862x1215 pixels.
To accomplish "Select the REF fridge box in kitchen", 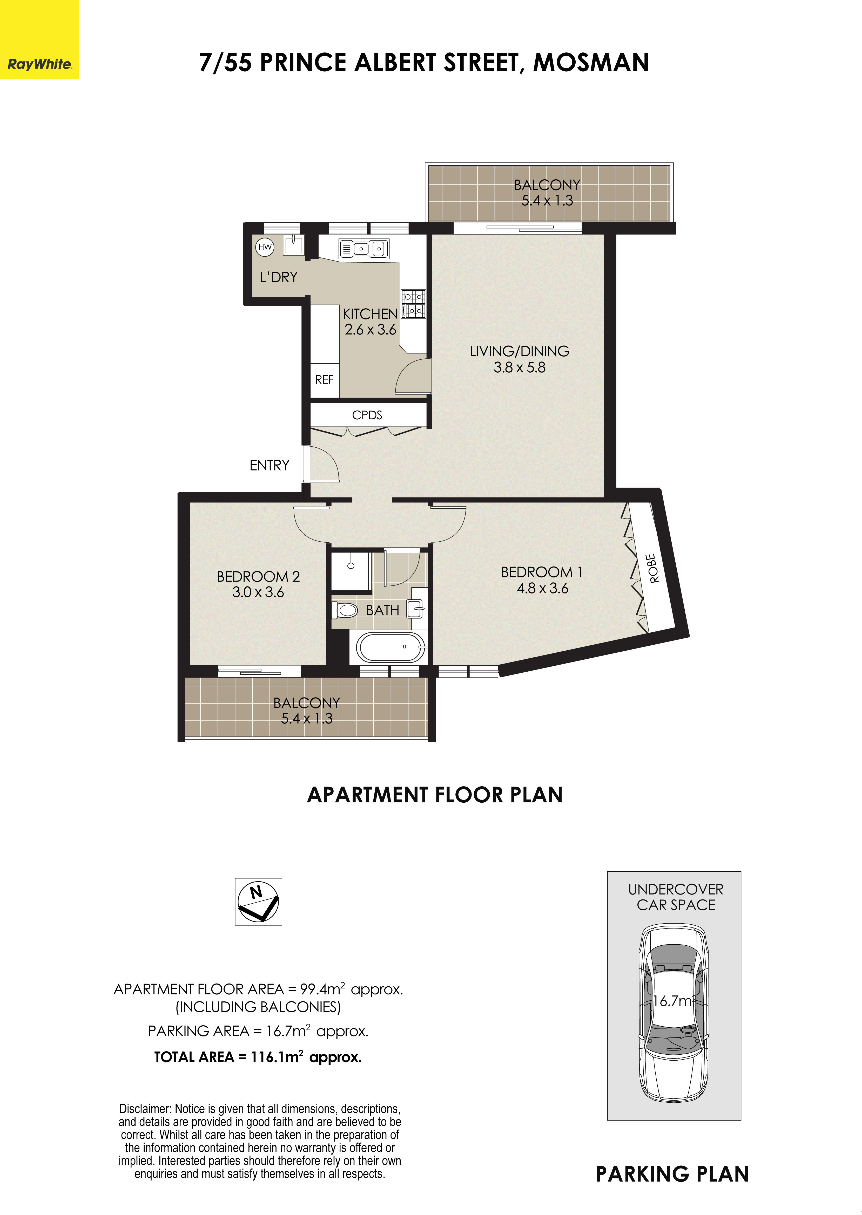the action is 324,380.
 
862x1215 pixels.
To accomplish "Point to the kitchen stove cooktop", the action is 413,304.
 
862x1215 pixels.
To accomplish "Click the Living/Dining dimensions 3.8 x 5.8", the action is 520,367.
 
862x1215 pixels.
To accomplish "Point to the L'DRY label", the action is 279,277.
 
